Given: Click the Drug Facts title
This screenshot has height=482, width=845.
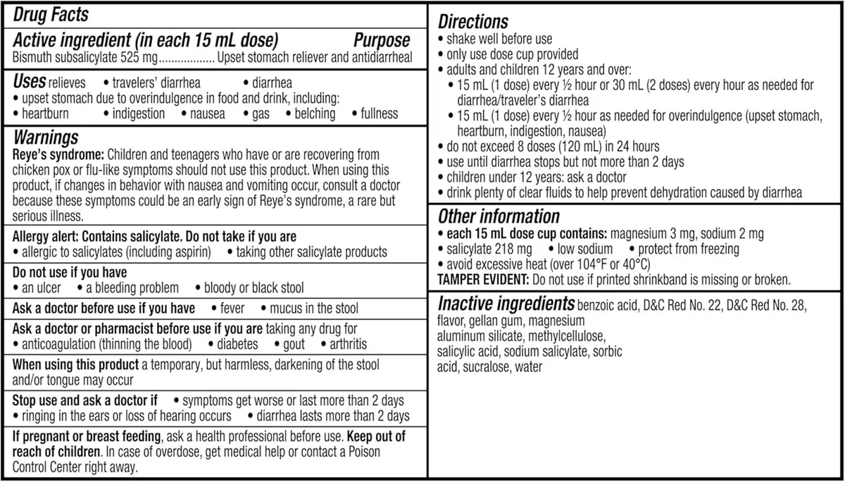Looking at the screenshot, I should coord(51,14).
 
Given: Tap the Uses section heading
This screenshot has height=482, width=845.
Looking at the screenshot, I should coord(30,82).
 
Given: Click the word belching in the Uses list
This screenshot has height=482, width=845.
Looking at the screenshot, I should coord(315,113).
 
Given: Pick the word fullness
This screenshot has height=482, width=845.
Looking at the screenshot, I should coord(380,113).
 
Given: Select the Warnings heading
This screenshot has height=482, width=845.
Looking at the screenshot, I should coord(46,137).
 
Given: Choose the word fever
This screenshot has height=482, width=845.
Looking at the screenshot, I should coord(233,308).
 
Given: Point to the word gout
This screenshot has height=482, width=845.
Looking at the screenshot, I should coord(294,345).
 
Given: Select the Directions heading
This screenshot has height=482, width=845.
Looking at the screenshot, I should coord(473,21).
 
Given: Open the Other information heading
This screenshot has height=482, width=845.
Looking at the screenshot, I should coord(499,216).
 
